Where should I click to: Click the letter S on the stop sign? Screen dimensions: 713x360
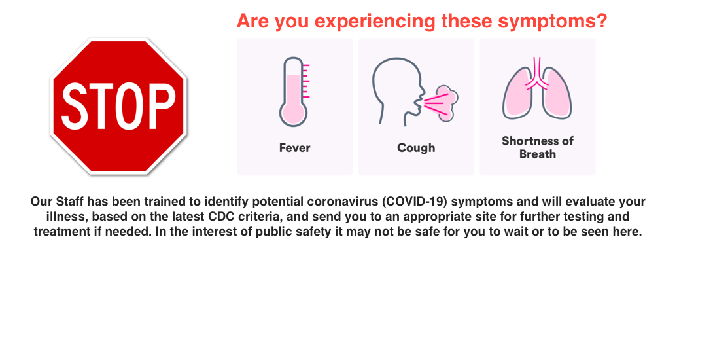click(75, 106)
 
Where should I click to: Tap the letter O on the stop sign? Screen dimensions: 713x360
click(128, 106)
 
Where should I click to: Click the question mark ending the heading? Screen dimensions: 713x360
click(602, 20)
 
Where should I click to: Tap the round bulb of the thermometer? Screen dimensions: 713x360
click(293, 113)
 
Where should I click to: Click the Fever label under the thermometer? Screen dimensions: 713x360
click(294, 148)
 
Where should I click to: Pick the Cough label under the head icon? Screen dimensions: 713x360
click(416, 148)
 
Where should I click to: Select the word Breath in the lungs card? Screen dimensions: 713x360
click(538, 154)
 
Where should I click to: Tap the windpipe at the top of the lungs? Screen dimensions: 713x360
click(537, 71)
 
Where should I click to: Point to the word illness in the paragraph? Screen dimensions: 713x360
click(65, 216)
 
